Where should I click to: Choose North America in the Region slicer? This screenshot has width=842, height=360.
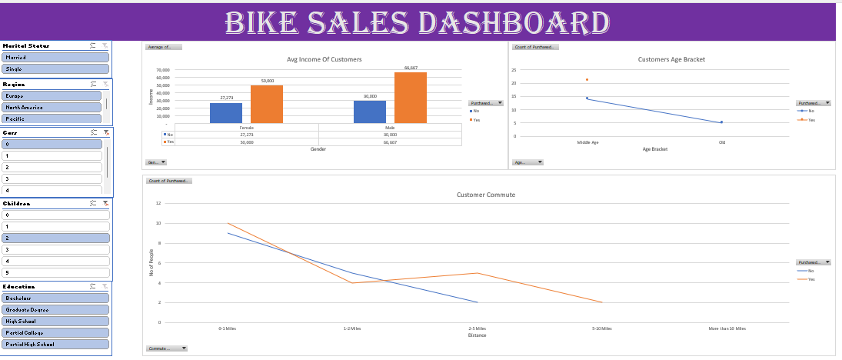[x=52, y=108]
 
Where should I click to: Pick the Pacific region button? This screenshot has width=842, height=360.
[x=52, y=119]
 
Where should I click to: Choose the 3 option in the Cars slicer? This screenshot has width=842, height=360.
[x=52, y=178]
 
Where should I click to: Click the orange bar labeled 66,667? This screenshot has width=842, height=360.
[x=411, y=98]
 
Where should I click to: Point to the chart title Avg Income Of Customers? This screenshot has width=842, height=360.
[x=324, y=59]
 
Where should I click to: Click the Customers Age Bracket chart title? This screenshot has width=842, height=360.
[x=671, y=59]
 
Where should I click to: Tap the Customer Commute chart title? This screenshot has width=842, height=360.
[x=486, y=195]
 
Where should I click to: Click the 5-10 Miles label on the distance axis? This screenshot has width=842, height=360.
[x=601, y=328]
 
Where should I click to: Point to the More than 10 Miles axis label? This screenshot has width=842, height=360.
[x=727, y=328]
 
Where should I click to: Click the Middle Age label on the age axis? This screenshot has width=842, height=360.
[x=587, y=142]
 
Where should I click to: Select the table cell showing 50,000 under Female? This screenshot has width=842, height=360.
[x=247, y=142]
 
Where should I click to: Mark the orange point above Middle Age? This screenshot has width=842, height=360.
[x=587, y=79]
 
